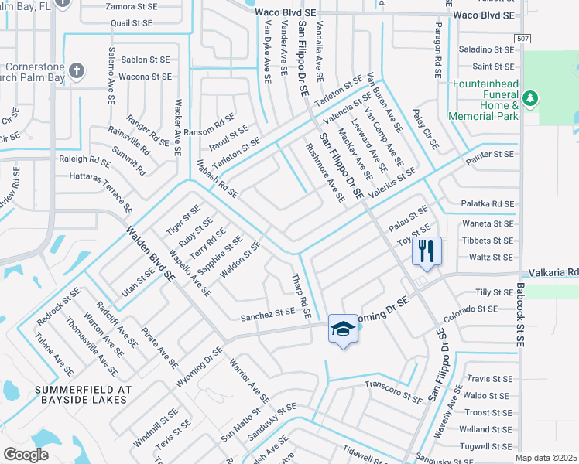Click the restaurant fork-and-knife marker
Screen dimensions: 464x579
click(427, 251)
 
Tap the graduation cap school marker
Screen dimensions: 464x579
click(343, 328)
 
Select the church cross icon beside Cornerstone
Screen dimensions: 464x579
click(76, 71)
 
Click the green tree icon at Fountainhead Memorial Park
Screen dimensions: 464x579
click(530, 98)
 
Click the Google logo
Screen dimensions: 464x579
click(26, 455)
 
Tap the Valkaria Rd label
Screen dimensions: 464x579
click(553, 273)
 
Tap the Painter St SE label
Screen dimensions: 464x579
click(489, 155)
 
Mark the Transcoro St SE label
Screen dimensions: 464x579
click(394, 391)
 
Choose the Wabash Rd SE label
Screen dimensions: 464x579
click(217, 179)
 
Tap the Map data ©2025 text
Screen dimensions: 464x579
click(546, 458)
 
